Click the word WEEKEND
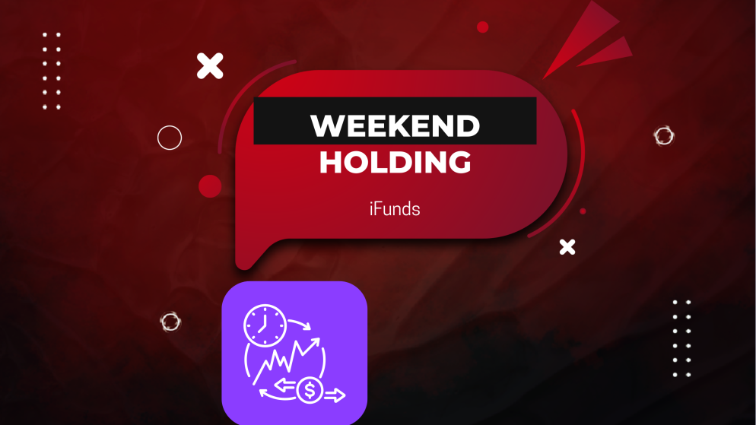[x=395, y=125]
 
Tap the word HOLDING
[x=395, y=162]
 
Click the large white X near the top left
[x=210, y=66]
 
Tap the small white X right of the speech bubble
[x=567, y=246]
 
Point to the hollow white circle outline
[x=170, y=138]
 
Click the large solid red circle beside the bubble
[x=210, y=186]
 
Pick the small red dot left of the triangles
[x=482, y=27]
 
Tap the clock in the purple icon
[x=263, y=325]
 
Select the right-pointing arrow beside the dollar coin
[x=335, y=395]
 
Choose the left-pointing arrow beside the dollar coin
[x=284, y=385]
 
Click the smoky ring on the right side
[x=664, y=136]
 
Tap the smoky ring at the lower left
[x=170, y=322]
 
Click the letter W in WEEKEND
[x=326, y=125]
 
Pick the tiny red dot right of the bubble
[x=583, y=211]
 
